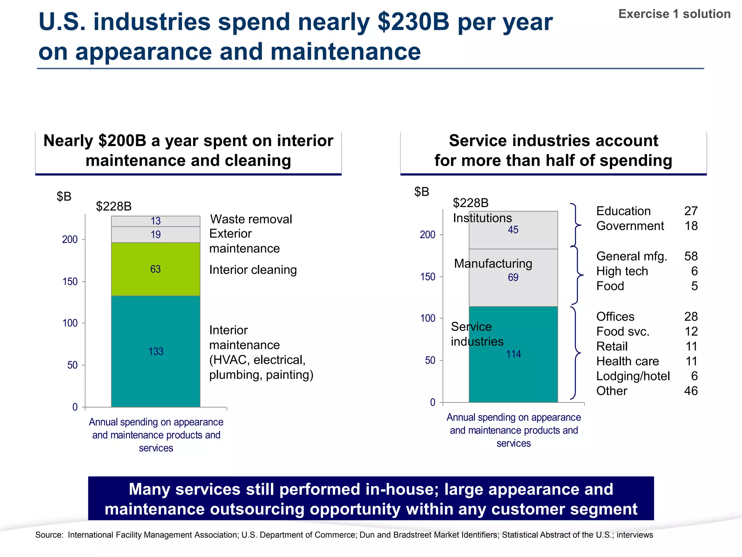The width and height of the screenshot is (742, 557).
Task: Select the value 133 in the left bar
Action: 156,351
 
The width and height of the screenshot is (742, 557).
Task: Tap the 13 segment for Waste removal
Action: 156,221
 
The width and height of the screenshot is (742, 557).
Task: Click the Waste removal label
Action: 251,219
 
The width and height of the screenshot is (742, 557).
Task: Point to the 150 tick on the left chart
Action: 70,281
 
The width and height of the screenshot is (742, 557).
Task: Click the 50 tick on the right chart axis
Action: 430,360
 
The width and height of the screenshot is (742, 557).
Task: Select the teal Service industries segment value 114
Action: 513,354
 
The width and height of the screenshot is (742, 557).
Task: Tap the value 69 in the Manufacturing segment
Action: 513,277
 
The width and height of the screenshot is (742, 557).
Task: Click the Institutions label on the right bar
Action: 482,218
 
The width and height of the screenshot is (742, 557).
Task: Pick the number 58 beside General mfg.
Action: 691,256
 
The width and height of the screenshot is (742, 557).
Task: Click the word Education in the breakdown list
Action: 623,211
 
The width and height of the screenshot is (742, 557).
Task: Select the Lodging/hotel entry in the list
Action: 633,376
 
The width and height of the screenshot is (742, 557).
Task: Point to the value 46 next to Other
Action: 691,391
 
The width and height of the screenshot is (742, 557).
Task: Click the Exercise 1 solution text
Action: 674,14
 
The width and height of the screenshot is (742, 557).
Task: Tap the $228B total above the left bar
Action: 113,206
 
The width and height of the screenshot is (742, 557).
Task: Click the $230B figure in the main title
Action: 413,22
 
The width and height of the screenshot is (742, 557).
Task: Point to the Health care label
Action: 628,361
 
